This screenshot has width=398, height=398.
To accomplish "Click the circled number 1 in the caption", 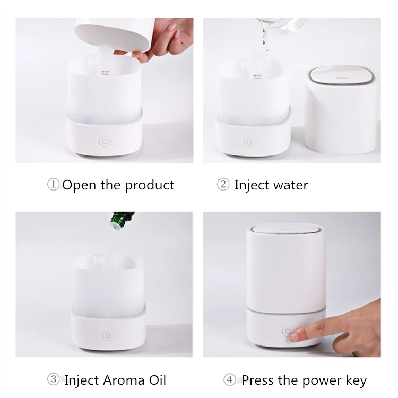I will [x=54, y=185].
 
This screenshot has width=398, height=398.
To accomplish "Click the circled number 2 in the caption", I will [x=223, y=185].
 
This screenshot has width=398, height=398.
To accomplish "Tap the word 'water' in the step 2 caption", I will [x=289, y=185].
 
